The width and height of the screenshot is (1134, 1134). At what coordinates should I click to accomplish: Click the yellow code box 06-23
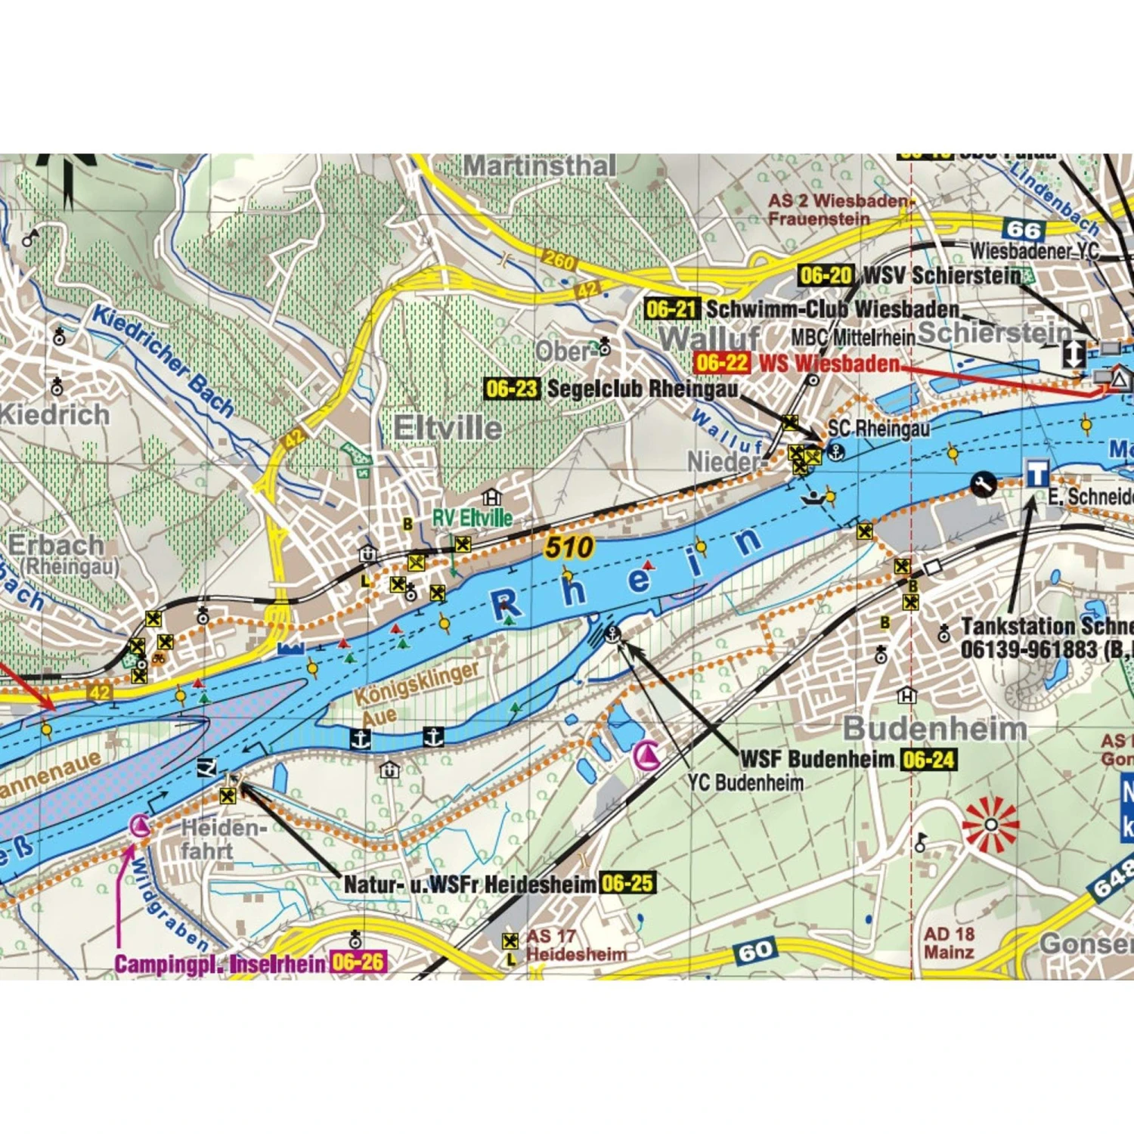coord(512,389)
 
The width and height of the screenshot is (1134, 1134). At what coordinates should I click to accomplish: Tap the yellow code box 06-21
coord(672,308)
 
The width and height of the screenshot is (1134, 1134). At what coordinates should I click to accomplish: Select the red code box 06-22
coord(722,363)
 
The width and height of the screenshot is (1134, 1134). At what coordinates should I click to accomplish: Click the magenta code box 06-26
coord(358,962)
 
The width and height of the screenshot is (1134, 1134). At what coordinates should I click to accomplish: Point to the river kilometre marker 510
coord(569,547)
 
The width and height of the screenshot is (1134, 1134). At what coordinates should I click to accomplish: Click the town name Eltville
coord(448,428)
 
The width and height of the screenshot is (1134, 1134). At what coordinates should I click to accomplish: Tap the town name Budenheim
coord(935,729)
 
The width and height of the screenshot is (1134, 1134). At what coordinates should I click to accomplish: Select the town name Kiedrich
coord(54,414)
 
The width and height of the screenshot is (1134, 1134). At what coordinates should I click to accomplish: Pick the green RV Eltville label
coord(472,518)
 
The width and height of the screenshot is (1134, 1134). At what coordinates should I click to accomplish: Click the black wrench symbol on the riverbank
coord(983,484)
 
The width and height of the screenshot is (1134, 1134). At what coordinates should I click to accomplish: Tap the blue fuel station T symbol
coord(1036,474)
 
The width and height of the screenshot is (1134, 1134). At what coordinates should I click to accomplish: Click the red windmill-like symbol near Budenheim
coord(990,824)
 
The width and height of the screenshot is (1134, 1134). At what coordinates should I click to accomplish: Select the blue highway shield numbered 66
coord(1024,229)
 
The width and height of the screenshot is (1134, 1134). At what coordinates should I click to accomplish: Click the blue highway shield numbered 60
coord(755,951)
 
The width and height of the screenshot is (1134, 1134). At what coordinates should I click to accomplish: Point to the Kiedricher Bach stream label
coord(163,361)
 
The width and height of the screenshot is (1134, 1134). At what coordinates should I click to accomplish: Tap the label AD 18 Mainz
coord(949,943)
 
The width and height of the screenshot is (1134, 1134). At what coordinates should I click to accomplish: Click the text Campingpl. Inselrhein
coord(220,964)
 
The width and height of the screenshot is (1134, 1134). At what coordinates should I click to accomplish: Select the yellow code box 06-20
coord(826,275)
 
